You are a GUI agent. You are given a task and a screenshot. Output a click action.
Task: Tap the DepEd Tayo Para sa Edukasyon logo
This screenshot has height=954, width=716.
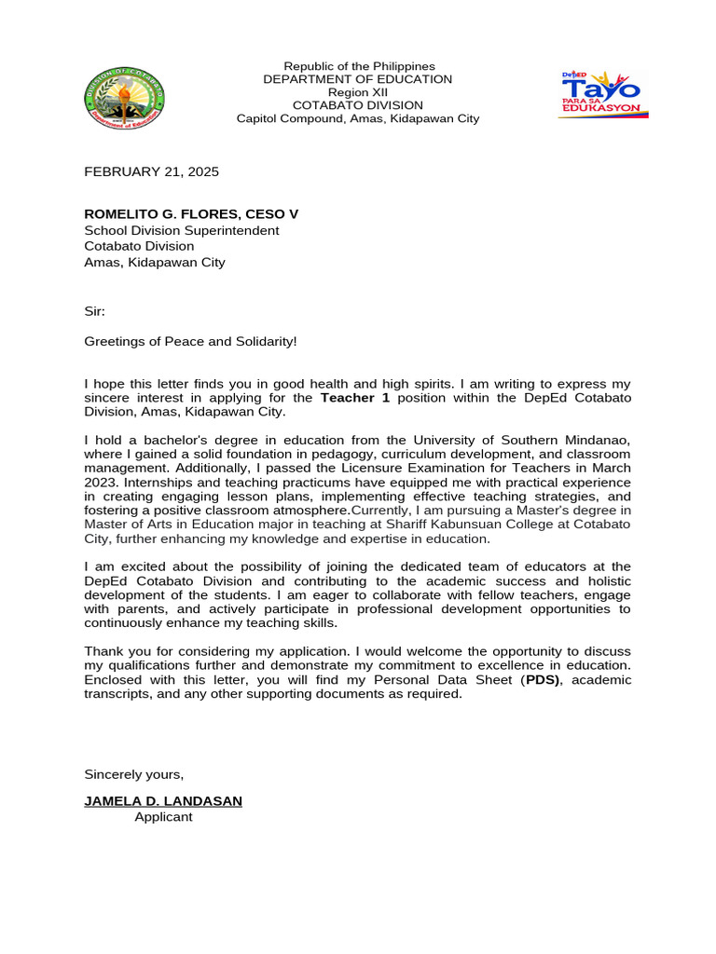603,94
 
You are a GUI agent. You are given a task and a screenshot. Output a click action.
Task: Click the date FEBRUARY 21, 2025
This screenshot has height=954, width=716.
152,171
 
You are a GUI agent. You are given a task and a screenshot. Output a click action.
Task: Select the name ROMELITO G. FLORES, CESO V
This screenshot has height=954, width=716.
191,214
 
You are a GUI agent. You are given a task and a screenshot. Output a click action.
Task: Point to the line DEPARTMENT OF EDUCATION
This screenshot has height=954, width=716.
358,79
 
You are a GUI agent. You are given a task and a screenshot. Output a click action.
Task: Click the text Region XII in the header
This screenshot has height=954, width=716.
358,92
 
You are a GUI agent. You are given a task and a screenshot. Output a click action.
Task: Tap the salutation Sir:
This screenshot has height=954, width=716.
96,310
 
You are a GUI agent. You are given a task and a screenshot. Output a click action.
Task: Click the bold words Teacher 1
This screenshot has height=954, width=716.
355,398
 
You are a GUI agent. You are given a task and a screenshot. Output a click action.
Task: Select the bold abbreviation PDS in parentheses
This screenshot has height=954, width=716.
544,680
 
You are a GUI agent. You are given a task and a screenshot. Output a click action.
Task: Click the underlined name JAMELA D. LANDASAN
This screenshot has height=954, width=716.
163,801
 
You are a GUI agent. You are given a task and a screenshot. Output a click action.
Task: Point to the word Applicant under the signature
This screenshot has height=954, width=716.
163,817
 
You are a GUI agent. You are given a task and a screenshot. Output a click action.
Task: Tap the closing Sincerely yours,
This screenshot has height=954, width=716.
134,774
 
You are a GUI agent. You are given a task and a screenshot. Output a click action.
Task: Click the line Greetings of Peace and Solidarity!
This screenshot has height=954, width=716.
190,342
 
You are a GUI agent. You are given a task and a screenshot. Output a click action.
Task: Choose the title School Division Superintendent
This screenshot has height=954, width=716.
182,230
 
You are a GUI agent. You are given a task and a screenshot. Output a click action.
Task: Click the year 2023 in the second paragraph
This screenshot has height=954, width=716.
103,483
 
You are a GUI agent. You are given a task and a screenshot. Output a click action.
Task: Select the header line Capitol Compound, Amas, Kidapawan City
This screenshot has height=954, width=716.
358,118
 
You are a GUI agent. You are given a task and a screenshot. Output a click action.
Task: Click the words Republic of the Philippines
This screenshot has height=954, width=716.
359,66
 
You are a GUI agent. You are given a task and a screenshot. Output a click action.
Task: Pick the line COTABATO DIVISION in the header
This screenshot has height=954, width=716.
358,105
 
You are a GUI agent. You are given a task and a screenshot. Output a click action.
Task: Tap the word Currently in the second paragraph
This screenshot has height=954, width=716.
379,511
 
